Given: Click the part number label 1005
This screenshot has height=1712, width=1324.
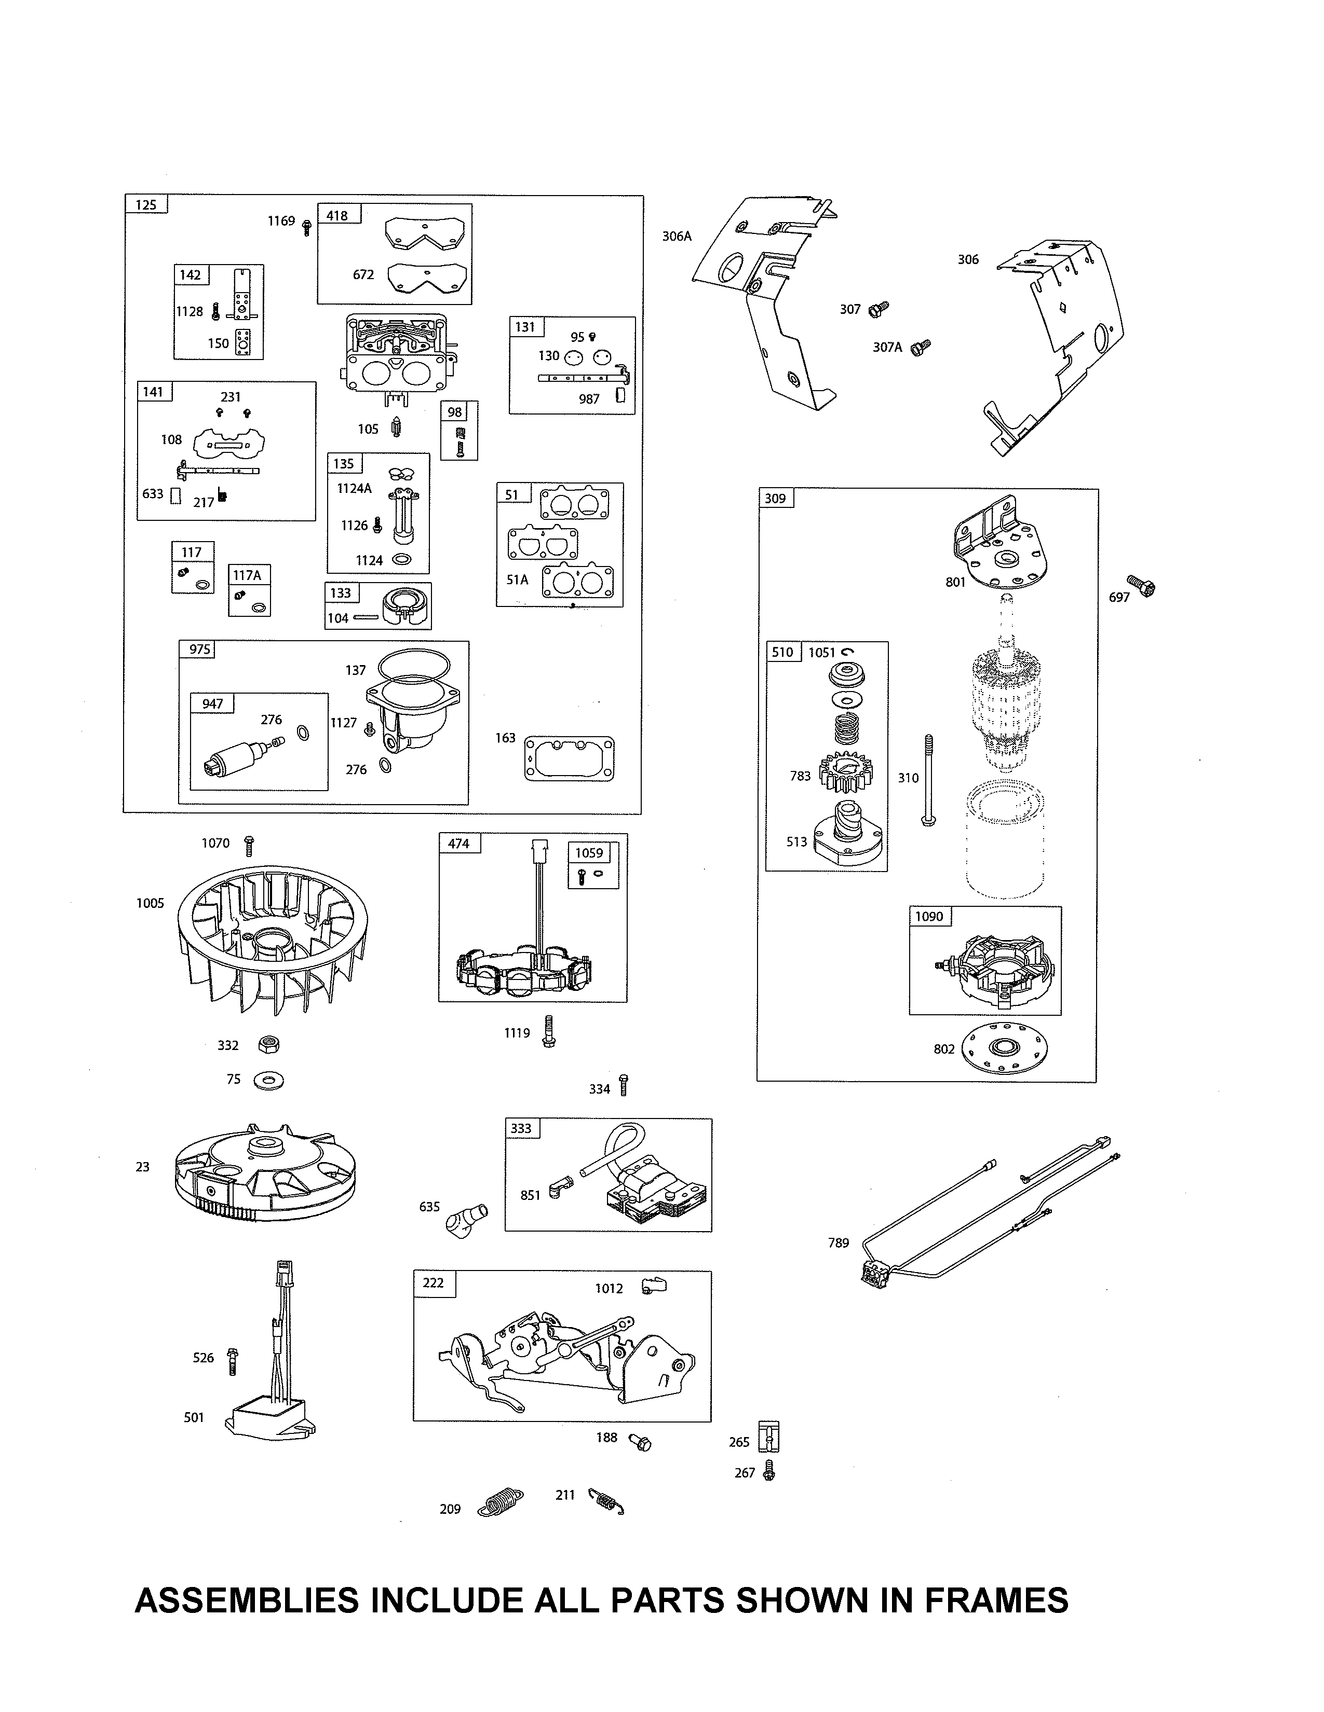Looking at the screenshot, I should pyautogui.click(x=150, y=903).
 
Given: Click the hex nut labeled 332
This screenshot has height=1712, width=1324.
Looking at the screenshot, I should pyautogui.click(x=269, y=1044).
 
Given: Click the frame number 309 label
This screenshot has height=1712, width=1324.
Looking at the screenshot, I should pyautogui.click(x=776, y=498).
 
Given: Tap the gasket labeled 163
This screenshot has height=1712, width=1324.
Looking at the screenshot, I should pyautogui.click(x=569, y=758).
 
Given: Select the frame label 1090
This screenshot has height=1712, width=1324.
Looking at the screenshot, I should pyautogui.click(x=929, y=916).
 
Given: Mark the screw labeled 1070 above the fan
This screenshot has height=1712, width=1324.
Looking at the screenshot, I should pyautogui.click(x=249, y=846).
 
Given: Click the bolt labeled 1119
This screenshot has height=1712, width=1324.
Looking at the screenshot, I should pyautogui.click(x=548, y=1031).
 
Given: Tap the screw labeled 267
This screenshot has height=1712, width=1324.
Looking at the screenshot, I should pyautogui.click(x=768, y=1472).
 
